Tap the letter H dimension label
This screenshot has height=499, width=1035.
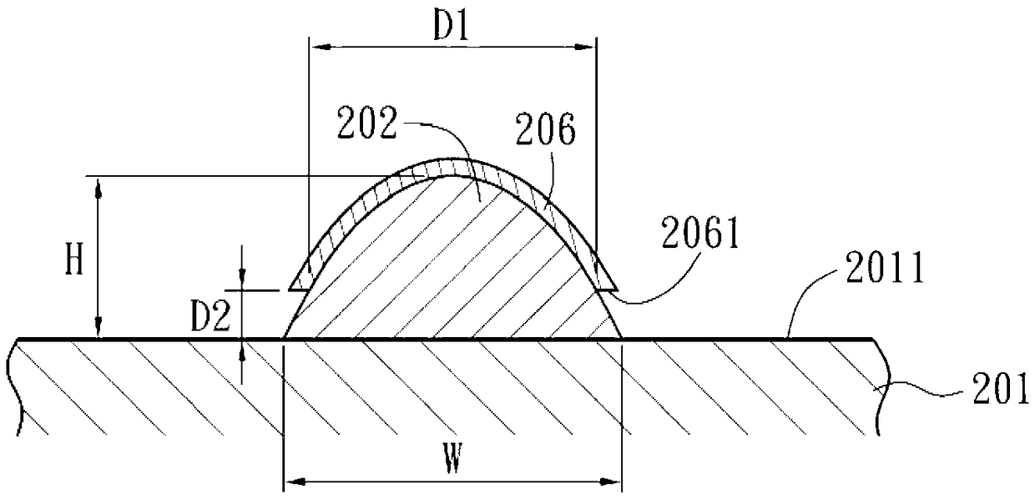[74, 260]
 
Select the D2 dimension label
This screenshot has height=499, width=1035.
[210, 316]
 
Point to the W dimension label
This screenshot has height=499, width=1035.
[452, 458]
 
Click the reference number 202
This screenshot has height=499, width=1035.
[367, 123]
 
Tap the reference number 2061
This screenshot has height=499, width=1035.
[700, 233]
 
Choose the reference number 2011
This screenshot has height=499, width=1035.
[886, 267]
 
